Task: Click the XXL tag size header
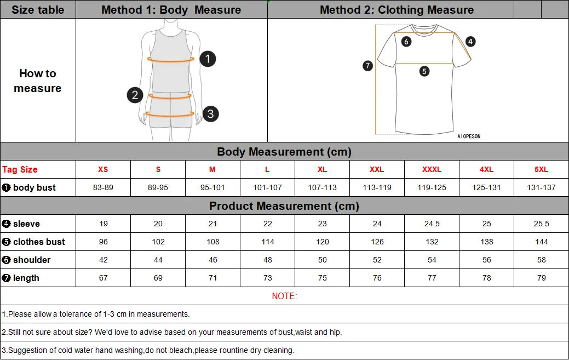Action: click(x=377, y=169)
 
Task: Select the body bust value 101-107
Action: click(x=267, y=187)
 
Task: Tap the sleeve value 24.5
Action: click(x=432, y=224)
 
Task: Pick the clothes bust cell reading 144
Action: click(x=541, y=242)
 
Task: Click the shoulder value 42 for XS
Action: click(x=104, y=260)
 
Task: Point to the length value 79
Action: click(x=541, y=278)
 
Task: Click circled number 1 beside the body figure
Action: click(x=208, y=59)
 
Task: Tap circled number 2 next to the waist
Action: click(x=135, y=95)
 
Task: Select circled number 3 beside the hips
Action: click(x=210, y=114)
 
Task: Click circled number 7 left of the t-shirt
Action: click(x=368, y=66)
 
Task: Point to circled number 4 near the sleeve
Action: click(x=470, y=42)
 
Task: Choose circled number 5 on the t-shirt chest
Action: click(x=424, y=71)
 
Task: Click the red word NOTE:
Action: click(x=284, y=296)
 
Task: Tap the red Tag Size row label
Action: click(x=20, y=169)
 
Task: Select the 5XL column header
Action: click(x=541, y=169)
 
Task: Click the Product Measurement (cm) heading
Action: click(x=284, y=206)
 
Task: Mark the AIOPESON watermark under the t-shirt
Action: click(x=469, y=136)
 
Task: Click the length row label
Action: click(x=26, y=278)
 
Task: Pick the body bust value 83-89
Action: click(x=104, y=187)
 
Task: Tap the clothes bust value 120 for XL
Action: click(x=322, y=242)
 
